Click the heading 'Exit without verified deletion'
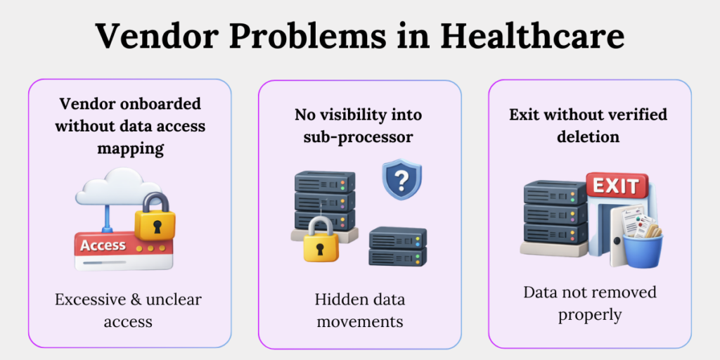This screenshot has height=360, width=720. [589, 124]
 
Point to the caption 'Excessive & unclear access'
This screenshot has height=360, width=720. [129, 310]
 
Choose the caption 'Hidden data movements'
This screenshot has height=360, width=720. [359, 310]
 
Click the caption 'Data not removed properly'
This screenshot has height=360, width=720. [589, 302]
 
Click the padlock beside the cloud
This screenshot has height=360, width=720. [156, 216]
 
